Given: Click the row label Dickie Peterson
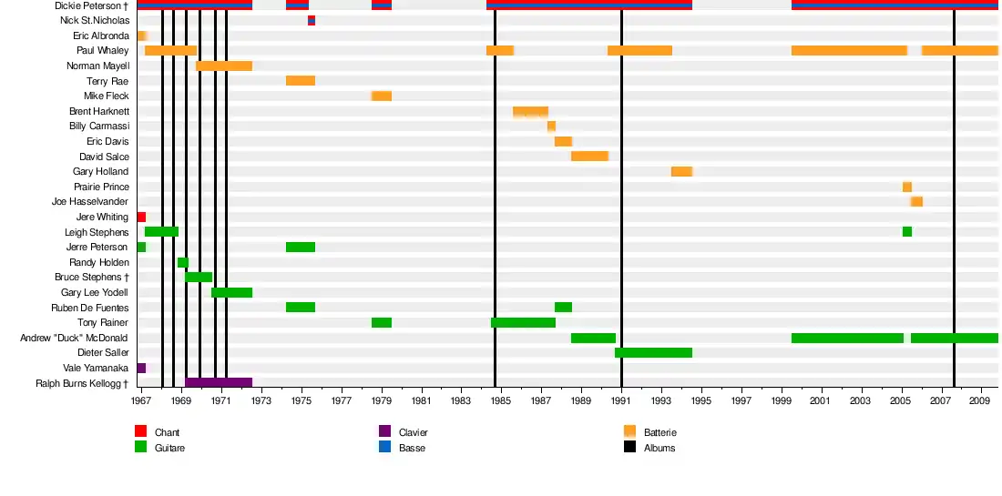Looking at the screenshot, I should coord(91,5).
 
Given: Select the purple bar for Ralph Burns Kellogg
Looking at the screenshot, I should coord(219,383).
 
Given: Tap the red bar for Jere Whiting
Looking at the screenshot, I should coord(141,217).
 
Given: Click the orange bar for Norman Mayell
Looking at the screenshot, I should coord(224,66).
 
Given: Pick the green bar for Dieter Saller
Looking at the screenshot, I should coord(653,352).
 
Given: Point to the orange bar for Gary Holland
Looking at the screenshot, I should coord(681,171).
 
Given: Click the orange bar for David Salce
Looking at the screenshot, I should coord(589,157).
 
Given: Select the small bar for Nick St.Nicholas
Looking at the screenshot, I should coord(312,20).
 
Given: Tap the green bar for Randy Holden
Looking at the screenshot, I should coord(183,262).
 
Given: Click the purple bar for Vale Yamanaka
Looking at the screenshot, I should coord(141,368).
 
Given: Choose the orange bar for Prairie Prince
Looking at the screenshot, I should coord(907,187).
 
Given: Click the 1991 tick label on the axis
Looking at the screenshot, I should coord(621,400).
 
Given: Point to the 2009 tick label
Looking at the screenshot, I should coord(980,400).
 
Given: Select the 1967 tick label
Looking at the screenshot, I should coord(141,400).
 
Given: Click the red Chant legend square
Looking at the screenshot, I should coord(140,431).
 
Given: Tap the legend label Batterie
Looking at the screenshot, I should coord(660,432).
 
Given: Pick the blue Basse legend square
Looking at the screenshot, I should coord(384,447).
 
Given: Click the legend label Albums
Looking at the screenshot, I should coord(659,448).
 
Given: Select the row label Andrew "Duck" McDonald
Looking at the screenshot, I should coord(75,338).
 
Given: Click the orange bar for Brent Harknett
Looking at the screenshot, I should coord(530,111).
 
